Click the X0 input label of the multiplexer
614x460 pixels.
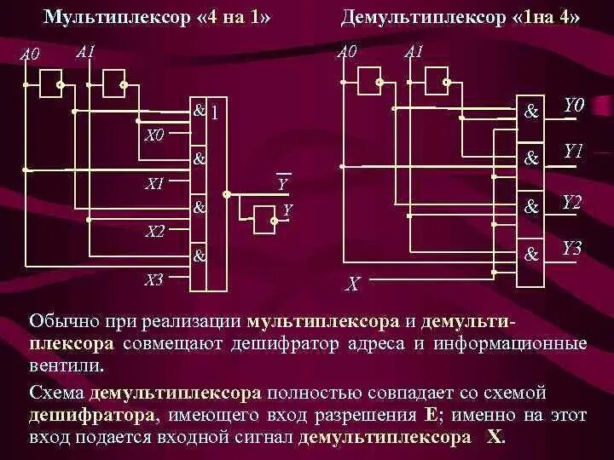[154, 135]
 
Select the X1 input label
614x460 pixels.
[154, 183]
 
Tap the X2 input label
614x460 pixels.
[154, 230]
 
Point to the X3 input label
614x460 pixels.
[154, 279]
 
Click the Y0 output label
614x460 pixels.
[571, 106]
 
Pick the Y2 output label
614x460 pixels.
[571, 202]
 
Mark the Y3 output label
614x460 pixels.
[571, 249]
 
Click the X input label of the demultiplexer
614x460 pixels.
[352, 285]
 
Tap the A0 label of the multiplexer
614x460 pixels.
[31, 55]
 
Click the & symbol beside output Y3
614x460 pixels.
[532, 253]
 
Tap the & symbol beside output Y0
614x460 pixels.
[532, 111]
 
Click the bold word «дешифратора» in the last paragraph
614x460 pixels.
[93, 416]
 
